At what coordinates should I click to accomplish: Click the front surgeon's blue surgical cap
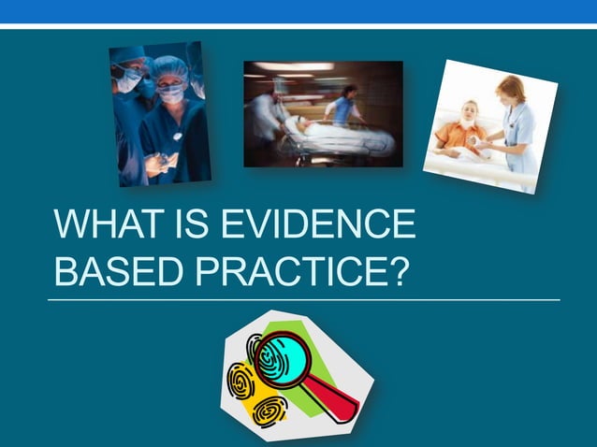pyautogui.click(x=169, y=67)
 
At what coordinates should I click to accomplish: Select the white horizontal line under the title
pyautogui.click(x=304, y=300)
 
